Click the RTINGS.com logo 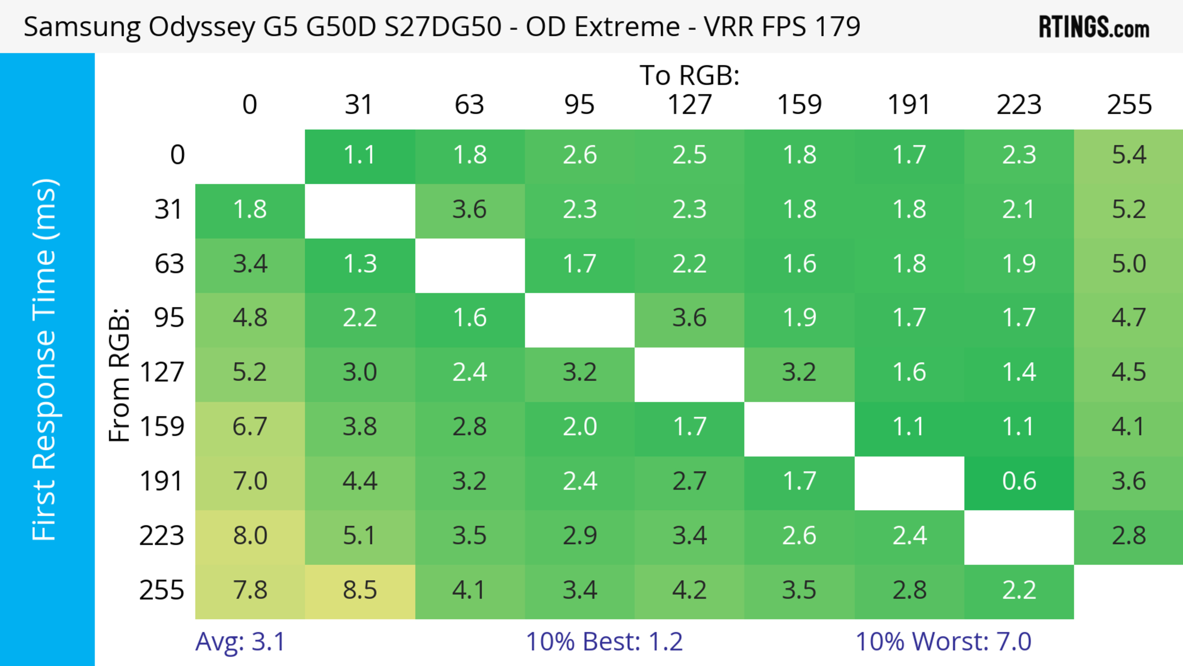1094,27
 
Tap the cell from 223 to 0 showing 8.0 250,536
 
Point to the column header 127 689,105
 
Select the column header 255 1129,105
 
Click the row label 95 169,318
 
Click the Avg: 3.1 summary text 240,642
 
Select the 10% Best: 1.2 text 604,642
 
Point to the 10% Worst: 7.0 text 943,642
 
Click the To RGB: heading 689,75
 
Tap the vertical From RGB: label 120,374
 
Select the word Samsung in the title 82,27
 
